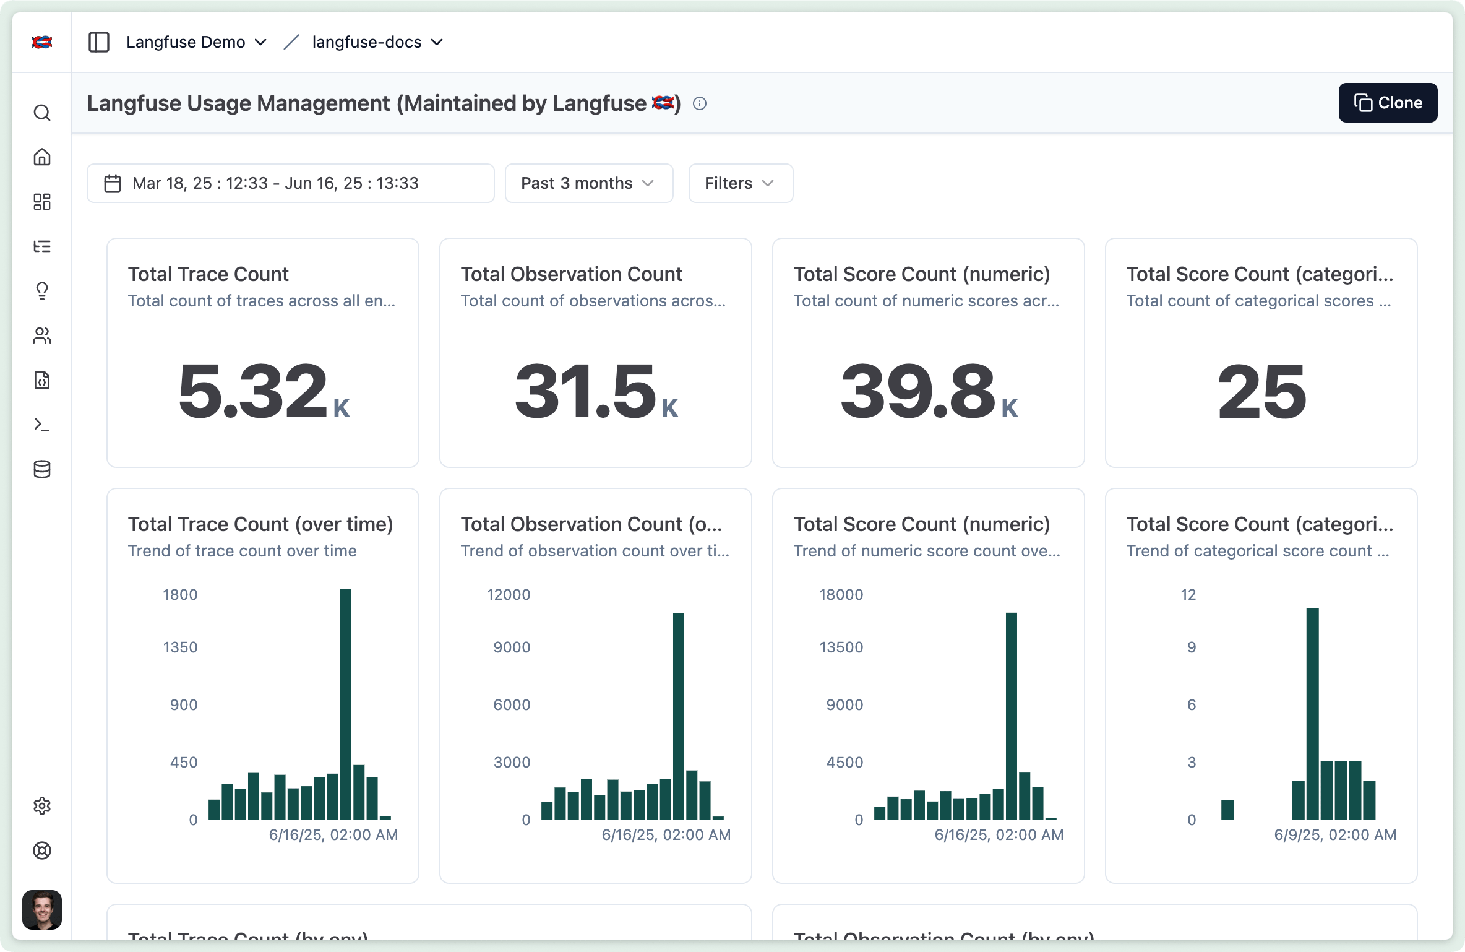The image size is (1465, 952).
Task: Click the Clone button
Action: tap(1387, 103)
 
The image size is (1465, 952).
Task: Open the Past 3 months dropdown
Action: tap(588, 183)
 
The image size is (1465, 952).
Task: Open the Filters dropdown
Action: tap(740, 183)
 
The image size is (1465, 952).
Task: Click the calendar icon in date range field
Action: tap(113, 183)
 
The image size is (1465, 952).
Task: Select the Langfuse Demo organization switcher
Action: tap(195, 42)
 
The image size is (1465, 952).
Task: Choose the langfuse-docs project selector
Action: tap(377, 42)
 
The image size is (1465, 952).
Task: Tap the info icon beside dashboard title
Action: tap(699, 103)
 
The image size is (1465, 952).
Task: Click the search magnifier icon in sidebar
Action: tap(42, 113)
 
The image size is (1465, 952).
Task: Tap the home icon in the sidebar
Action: tap(42, 157)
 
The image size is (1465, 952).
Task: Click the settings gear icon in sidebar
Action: tap(42, 806)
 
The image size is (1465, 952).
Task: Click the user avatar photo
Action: tap(42, 909)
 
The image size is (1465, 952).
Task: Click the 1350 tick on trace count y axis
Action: tap(180, 647)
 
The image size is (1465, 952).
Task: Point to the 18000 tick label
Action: tap(841, 595)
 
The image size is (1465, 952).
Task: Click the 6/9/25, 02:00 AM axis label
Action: tap(1334, 835)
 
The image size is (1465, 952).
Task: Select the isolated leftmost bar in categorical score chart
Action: tap(1227, 810)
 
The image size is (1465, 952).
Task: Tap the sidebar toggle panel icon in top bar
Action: tap(99, 42)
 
